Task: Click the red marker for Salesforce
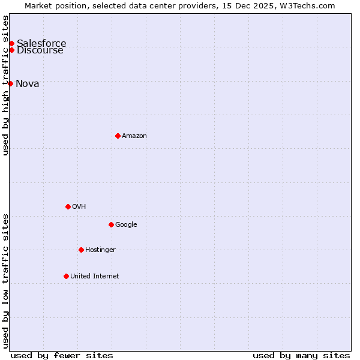coord(11,43)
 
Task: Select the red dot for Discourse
coord(11,50)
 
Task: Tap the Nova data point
coord(10,83)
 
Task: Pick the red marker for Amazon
coord(118,136)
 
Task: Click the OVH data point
coord(68,206)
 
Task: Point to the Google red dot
coord(111,224)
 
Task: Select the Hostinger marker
coord(81,250)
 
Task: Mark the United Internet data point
coord(66,276)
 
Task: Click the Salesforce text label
coord(41,43)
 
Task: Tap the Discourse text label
coord(40,50)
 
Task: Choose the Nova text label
coord(28,83)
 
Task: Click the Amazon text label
coord(134,136)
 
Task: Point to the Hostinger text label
coord(100,250)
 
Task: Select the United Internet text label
coord(95,276)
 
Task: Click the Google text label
coord(126,224)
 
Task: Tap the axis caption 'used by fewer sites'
coord(62,355)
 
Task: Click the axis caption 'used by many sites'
coord(301,355)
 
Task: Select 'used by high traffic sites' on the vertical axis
coord(5,85)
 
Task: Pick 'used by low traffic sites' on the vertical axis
coord(5,281)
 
